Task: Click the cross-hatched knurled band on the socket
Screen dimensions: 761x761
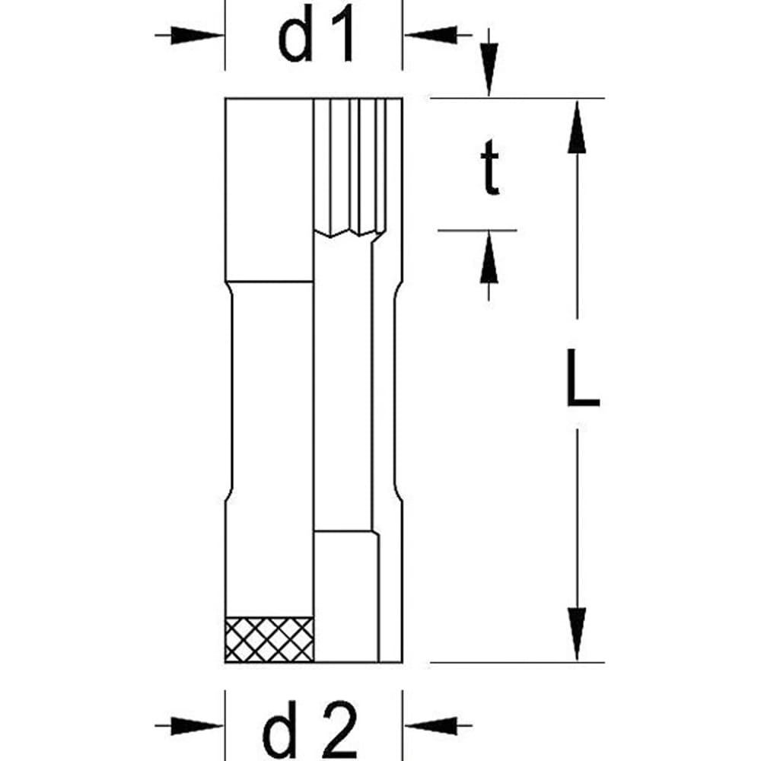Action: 269,638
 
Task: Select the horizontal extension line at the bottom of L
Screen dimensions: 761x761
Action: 517,662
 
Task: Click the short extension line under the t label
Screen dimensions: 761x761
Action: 477,229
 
